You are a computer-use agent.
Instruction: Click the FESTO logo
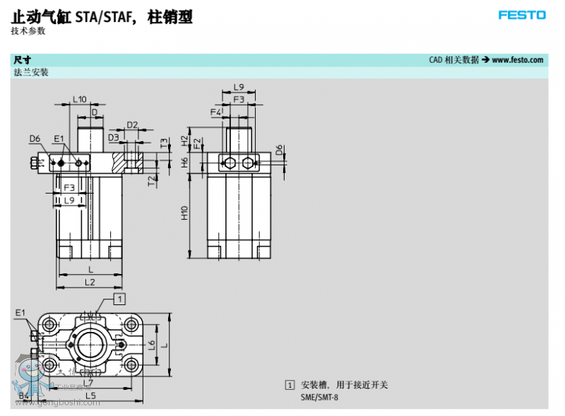coord(522,15)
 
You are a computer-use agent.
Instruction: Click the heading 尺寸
coord(22,60)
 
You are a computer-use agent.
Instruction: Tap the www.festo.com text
coord(518,60)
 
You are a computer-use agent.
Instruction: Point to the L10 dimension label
coord(79,100)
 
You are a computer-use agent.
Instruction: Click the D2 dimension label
coord(132,125)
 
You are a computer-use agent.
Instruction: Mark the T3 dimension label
coord(164,143)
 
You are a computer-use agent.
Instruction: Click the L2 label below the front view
coord(90,282)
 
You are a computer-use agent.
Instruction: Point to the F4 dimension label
coord(215,112)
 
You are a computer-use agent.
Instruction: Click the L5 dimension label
coord(90,396)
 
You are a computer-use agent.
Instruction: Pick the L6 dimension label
coord(151,345)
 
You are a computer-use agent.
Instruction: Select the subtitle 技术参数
coord(28,30)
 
